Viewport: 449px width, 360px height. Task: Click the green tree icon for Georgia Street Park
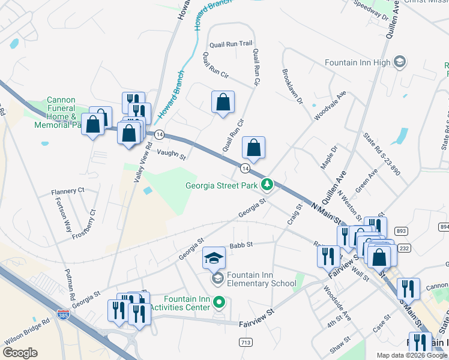270,185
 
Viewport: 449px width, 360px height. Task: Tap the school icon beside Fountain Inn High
399,62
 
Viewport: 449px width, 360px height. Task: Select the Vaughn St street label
172,154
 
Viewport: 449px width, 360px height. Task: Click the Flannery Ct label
68,191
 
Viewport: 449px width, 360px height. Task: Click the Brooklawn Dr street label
292,85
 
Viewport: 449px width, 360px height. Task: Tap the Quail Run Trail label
231,44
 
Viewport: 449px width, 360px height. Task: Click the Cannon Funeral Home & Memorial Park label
62,113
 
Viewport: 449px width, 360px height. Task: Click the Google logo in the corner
20,352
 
